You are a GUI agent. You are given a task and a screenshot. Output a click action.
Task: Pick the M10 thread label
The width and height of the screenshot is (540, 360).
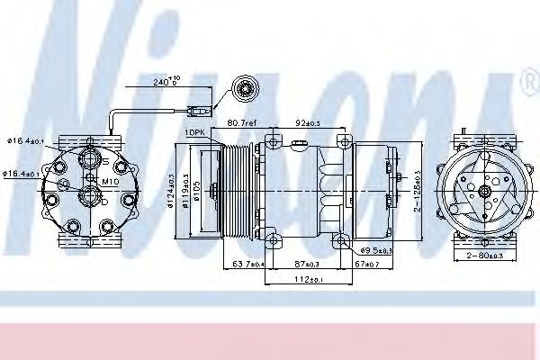(x=110, y=180)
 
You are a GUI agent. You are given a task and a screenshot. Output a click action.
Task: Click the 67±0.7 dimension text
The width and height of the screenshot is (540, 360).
(x=367, y=264)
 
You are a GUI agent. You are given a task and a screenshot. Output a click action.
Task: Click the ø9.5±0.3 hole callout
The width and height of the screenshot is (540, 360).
(x=376, y=248)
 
